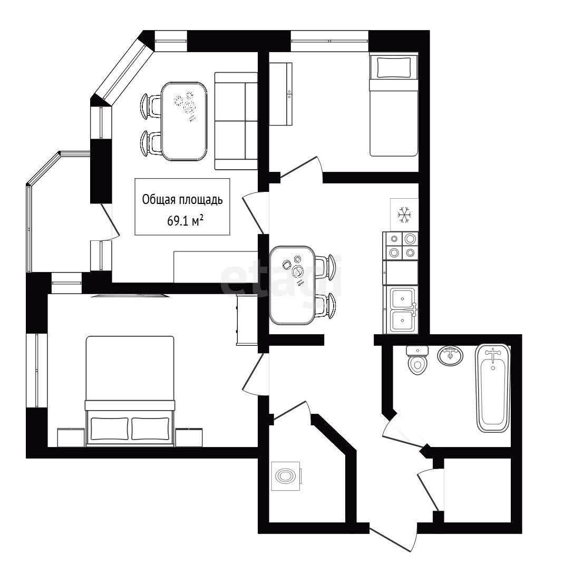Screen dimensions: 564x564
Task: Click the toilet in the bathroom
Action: [417, 360]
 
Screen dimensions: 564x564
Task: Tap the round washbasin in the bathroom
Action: [450, 356]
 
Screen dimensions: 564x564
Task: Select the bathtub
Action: [493, 388]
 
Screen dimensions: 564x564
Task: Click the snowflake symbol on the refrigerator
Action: [404, 215]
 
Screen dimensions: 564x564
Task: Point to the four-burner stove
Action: [401, 246]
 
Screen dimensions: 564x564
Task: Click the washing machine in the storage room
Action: [286, 476]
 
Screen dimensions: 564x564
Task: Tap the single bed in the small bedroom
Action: [394, 105]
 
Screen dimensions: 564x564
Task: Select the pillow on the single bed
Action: [394, 67]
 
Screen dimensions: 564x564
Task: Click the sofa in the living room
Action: [236, 121]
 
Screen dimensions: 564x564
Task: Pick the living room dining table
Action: [184, 121]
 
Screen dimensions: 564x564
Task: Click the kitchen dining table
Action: [293, 285]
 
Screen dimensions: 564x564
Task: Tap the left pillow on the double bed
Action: [110, 429]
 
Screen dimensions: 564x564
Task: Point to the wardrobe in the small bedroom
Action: [280, 94]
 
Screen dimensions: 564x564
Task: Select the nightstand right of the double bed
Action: [189, 437]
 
